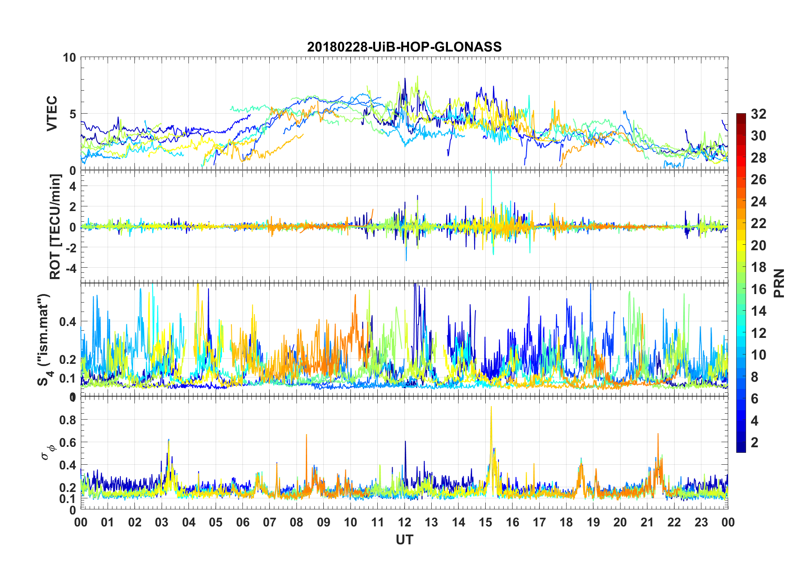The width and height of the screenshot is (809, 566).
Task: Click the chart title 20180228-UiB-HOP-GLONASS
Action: coord(404,47)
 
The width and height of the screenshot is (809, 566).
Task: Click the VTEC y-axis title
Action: coord(51,114)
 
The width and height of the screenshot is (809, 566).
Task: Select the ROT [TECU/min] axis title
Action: coord(55,226)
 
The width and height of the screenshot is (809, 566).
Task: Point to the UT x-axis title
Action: coord(404,540)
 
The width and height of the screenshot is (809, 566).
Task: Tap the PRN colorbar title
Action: coord(779,283)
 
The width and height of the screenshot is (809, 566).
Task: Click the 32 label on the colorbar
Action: coord(758,114)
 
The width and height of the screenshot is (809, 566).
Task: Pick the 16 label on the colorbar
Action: coord(758,289)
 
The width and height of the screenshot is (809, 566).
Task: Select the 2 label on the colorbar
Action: coord(755,443)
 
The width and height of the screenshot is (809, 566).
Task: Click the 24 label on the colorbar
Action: coord(758,202)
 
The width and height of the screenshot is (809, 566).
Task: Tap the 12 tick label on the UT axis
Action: coord(404,522)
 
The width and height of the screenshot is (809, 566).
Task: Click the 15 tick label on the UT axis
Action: coord(485,522)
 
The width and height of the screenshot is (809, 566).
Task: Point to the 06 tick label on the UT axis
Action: coord(242,522)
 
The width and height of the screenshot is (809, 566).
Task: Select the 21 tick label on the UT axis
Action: coord(647,522)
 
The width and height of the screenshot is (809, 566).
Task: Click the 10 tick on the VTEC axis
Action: coord(69,57)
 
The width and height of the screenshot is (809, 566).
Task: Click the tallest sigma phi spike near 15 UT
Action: coord(491,407)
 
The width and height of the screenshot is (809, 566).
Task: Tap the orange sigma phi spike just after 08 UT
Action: coord(306,435)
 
